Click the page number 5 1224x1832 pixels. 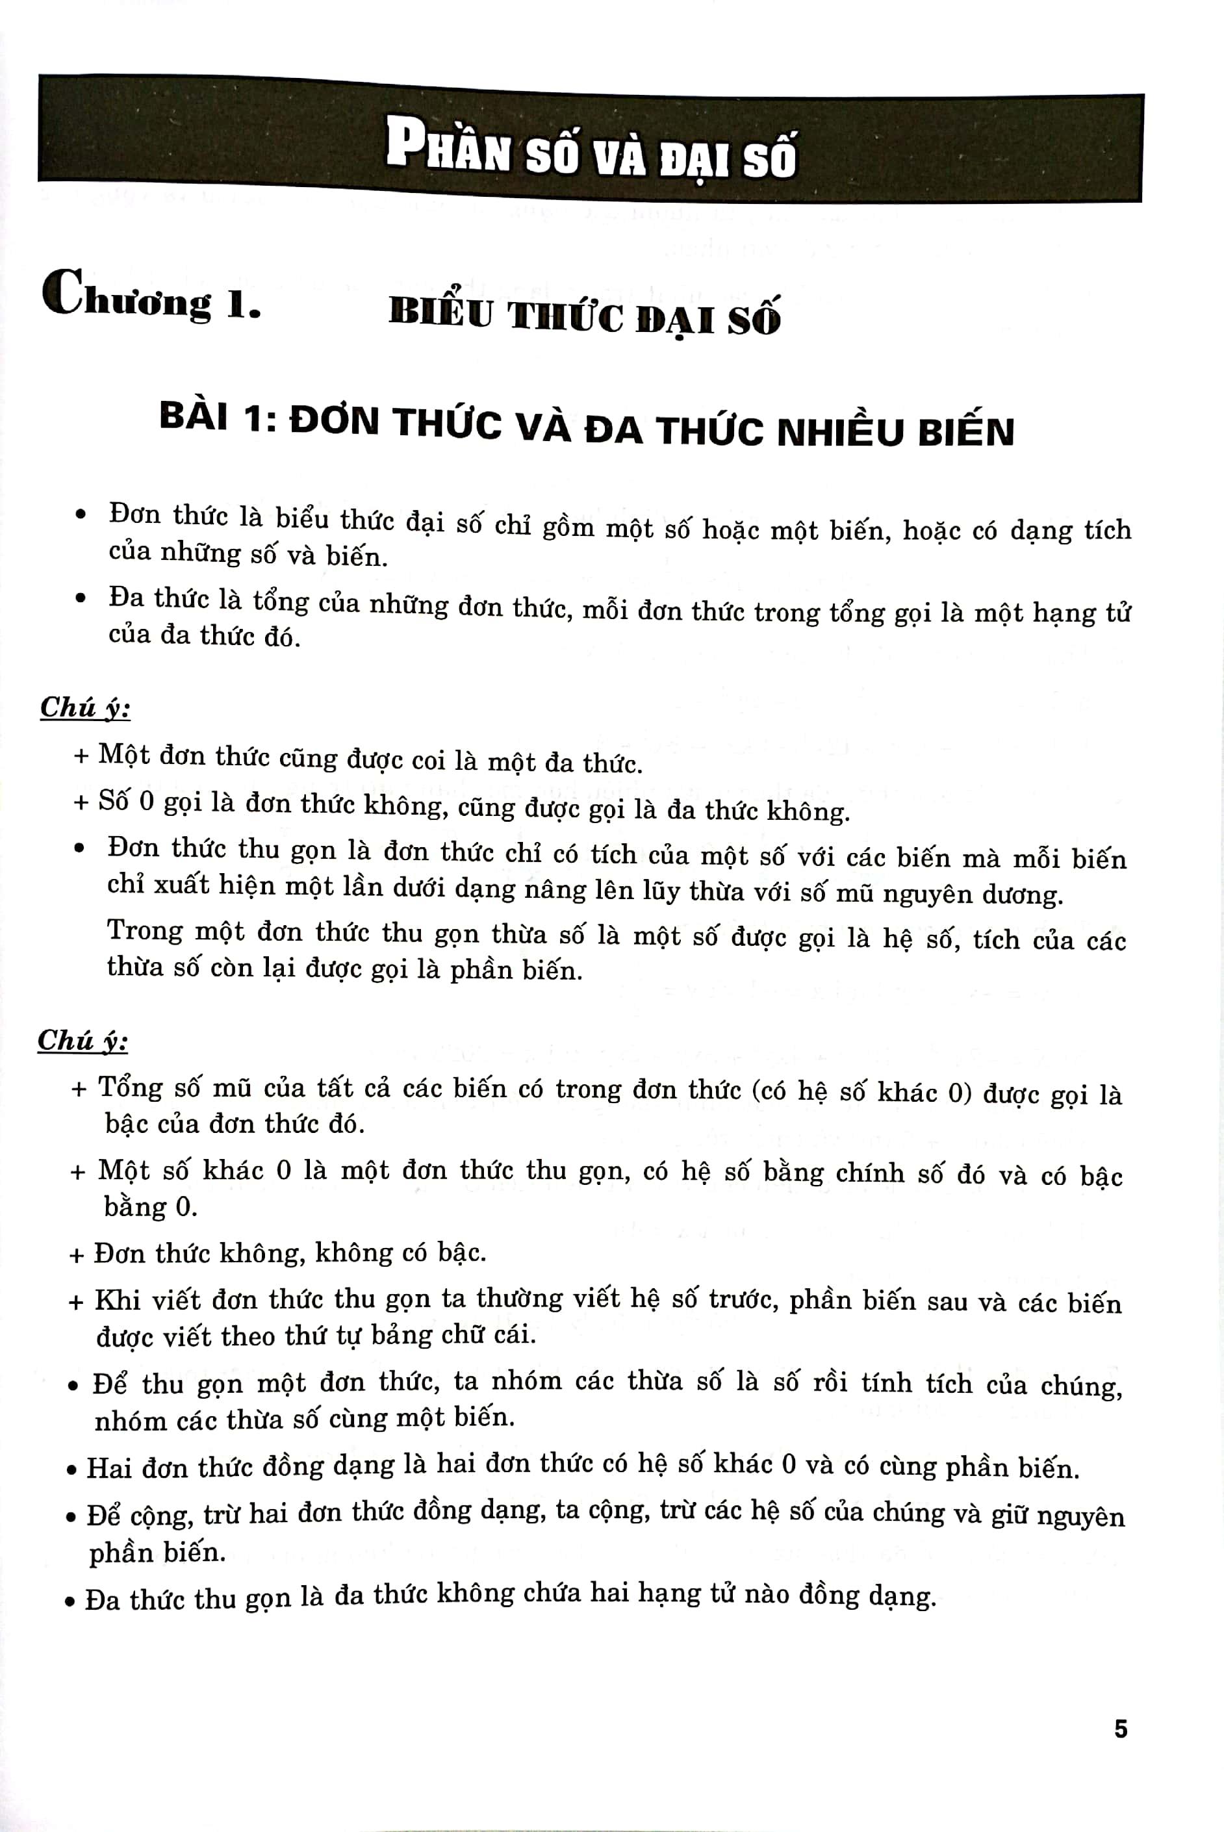pyautogui.click(x=1121, y=1729)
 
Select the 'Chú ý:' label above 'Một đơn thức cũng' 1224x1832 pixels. pyautogui.click(x=85, y=707)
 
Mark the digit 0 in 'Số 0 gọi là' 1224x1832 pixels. pyautogui.click(x=146, y=802)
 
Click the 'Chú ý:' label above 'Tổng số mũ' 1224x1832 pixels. pyautogui.click(x=83, y=1041)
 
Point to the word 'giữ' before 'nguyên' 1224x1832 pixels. pyautogui.click(x=1008, y=1515)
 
